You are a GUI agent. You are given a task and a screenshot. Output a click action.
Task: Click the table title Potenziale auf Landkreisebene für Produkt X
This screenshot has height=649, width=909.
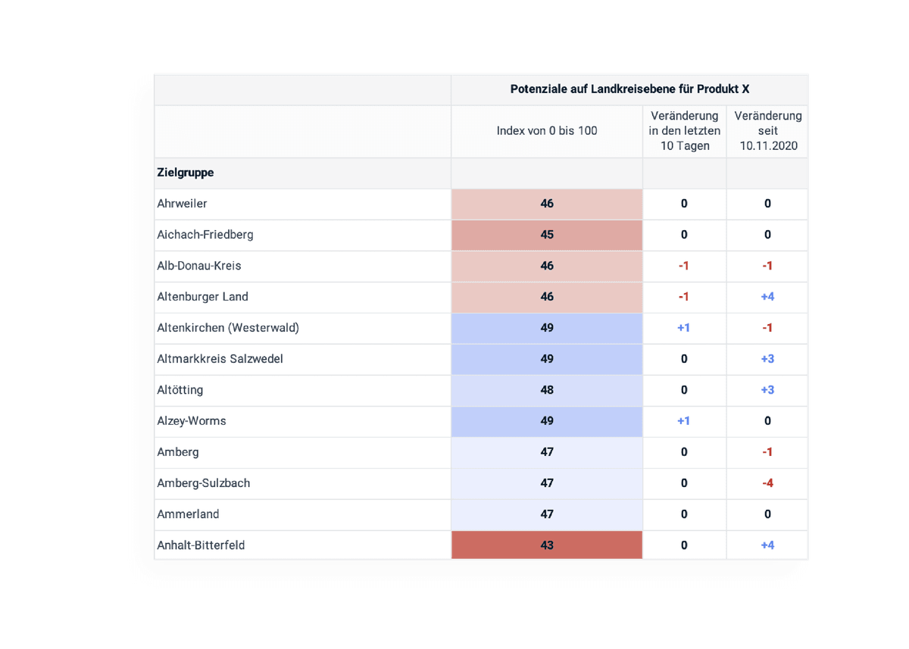point(629,89)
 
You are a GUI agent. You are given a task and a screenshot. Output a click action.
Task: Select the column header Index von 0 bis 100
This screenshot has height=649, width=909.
point(546,131)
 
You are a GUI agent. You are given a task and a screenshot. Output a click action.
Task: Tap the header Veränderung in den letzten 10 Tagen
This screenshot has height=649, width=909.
point(684,131)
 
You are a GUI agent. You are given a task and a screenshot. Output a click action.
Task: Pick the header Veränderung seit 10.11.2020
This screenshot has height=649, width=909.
point(767,131)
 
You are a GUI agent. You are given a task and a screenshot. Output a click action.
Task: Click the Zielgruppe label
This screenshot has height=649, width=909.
point(186,173)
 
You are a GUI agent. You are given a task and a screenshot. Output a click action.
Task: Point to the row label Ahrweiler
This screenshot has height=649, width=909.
point(182,204)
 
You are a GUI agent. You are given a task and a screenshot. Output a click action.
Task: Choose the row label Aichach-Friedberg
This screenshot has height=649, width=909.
point(205,235)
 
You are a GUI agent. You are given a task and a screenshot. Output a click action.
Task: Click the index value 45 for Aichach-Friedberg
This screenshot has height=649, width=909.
point(547,235)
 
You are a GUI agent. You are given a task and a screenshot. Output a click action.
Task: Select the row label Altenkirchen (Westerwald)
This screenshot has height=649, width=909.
point(228,328)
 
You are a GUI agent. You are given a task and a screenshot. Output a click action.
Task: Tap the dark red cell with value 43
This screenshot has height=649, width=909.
point(547,545)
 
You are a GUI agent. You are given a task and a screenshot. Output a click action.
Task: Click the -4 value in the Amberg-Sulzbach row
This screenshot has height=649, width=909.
point(767,483)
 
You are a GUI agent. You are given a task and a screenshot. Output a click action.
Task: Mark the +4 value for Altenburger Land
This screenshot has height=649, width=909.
point(767,297)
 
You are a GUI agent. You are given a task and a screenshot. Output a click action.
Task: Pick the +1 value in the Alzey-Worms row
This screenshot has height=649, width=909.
point(683,421)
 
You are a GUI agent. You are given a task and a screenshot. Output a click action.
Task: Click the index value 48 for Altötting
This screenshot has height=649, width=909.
point(547,390)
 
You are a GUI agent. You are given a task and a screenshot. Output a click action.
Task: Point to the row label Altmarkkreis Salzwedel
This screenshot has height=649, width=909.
point(220,359)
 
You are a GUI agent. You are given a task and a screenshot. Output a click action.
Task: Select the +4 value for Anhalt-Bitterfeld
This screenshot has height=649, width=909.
point(767,545)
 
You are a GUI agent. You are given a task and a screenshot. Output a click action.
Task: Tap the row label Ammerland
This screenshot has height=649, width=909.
point(188,514)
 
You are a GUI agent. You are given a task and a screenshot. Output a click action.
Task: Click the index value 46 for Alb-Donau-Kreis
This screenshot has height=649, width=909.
point(547,266)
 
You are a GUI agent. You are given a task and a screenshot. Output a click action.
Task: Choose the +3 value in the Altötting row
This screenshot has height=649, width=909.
point(767,390)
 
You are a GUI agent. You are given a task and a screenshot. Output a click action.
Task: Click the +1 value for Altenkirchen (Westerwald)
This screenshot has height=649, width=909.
point(683,328)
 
